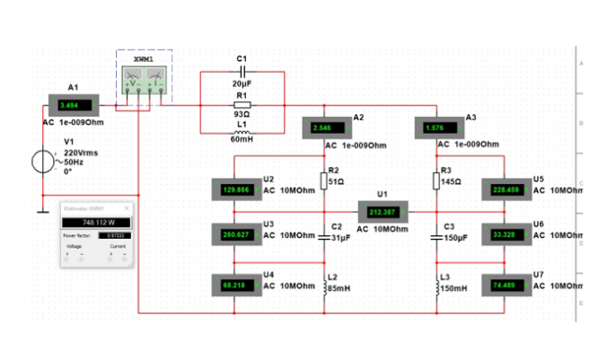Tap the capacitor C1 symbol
click(x=241, y=70)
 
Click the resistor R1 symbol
click(x=241, y=104)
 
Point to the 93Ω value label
click(x=241, y=115)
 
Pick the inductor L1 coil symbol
click(x=241, y=128)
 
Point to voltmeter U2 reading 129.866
click(x=234, y=190)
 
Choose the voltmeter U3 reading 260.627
click(x=234, y=235)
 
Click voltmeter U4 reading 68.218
click(x=234, y=284)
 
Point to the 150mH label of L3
click(x=454, y=287)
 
